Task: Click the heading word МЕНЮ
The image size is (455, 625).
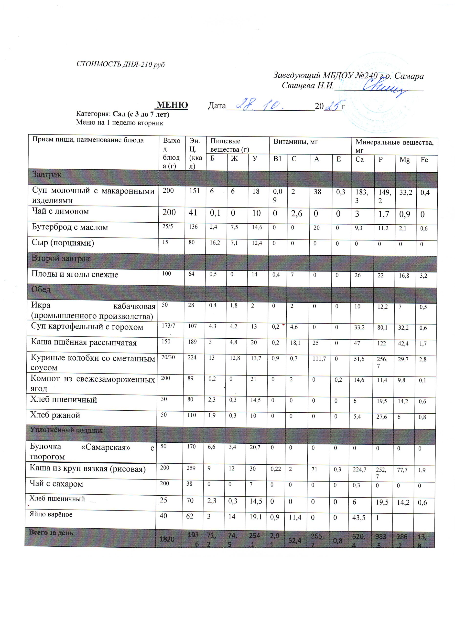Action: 172,105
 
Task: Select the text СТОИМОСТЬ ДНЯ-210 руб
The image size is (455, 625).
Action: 120,64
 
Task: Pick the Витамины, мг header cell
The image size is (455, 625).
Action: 296,142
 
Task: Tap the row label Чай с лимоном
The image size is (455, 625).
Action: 60,212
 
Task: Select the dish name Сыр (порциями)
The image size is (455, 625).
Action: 63,243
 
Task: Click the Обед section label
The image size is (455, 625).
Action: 41,290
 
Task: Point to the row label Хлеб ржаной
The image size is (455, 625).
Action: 55,415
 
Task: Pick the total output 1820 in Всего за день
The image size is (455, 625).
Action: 167,539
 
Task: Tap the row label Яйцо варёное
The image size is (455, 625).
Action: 51,514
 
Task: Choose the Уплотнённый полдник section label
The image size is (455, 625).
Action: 66,430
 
